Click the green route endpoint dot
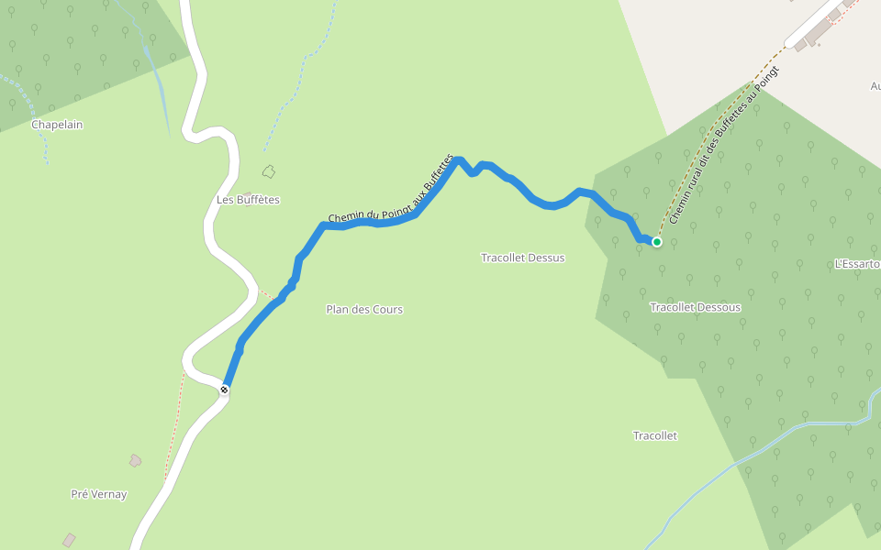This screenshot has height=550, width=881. tap(657, 242)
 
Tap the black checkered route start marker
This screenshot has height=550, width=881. tap(224, 390)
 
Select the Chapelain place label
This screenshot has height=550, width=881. tap(57, 125)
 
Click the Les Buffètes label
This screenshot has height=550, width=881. tap(248, 200)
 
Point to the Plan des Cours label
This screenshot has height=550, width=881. tap(364, 310)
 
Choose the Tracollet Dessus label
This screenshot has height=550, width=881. tap(522, 258)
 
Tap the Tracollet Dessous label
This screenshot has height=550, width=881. tap(695, 307)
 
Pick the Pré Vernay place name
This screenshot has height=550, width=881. tap(99, 495)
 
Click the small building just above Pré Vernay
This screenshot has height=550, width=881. tap(136, 460)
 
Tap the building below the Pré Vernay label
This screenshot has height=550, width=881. tap(69, 540)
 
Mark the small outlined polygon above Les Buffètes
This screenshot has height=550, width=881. tap(269, 170)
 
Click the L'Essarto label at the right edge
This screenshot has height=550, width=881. tap(856, 264)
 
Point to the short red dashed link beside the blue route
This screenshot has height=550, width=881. tap(265, 295)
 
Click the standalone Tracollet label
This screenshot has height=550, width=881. tap(655, 436)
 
